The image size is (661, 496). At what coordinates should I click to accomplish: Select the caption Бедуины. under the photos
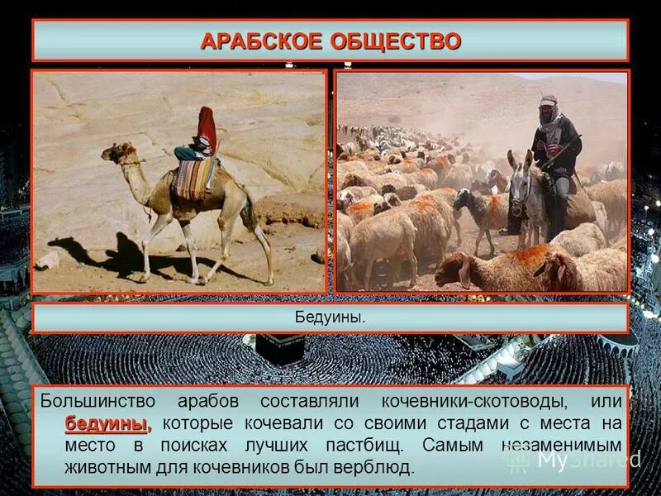330,317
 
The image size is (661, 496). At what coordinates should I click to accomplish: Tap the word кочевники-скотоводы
473,401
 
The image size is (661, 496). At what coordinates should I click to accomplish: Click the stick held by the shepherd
562,152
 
